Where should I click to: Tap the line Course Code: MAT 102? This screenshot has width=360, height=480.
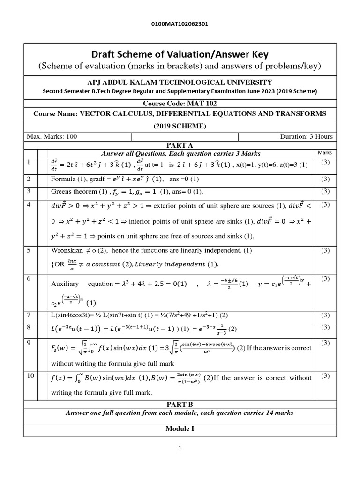(x=180, y=103)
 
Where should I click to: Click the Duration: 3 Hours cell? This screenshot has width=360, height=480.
(x=306, y=136)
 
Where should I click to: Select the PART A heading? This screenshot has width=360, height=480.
(x=180, y=145)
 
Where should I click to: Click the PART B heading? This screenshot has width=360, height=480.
(x=180, y=404)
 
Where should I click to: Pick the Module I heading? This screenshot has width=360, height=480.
(x=180, y=429)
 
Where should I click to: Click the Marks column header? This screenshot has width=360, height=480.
(x=324, y=153)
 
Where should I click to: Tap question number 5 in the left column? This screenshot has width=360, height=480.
(x=29, y=250)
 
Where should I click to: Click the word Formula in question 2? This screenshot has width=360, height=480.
(x=63, y=179)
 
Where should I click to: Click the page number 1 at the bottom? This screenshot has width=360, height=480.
(x=180, y=449)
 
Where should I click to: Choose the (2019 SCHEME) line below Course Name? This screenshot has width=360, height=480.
(x=180, y=126)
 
